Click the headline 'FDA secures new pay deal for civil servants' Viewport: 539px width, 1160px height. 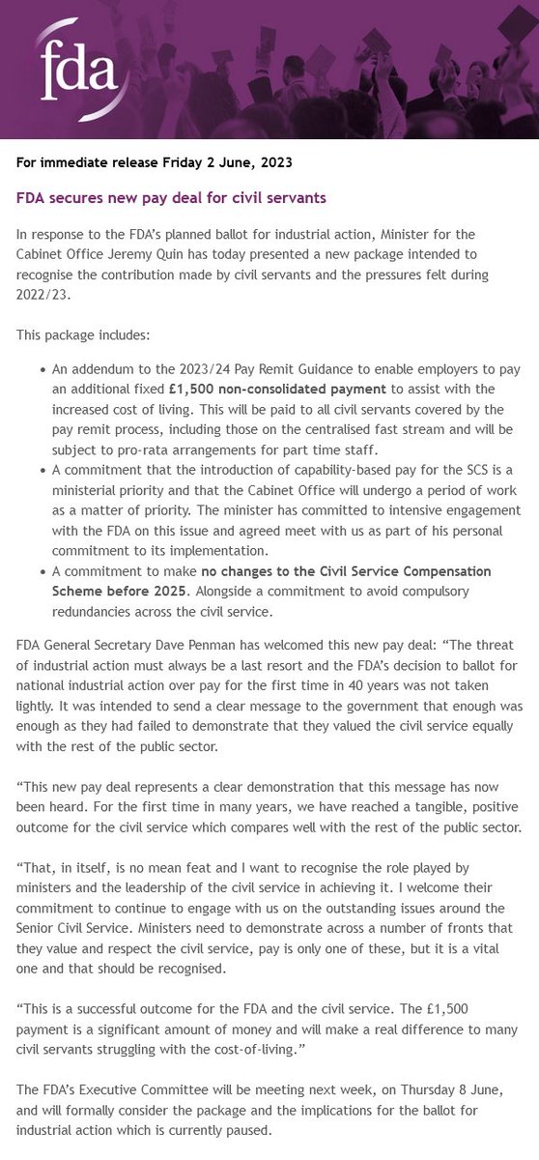172,197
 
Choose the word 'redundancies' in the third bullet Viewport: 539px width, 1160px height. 94,612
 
